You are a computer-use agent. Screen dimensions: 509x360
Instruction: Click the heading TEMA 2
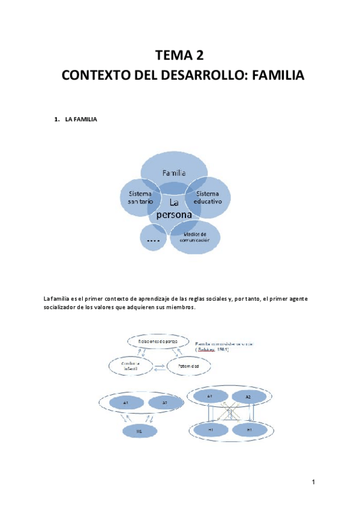[x=180, y=56]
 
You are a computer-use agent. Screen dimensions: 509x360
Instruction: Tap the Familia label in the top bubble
[x=174, y=172]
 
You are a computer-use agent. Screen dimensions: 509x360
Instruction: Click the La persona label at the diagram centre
[x=173, y=208]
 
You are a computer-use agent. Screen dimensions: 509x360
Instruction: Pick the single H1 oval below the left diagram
[x=139, y=431]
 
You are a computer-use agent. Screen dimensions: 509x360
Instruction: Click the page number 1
[x=313, y=482]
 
